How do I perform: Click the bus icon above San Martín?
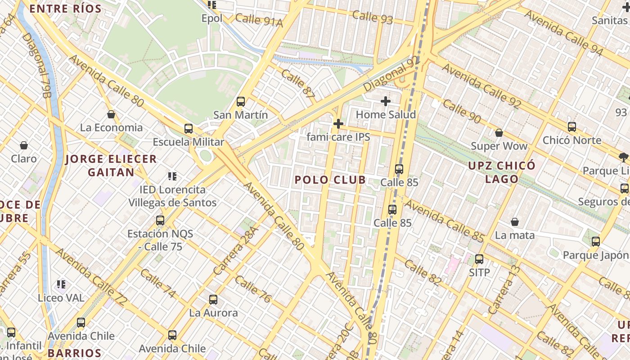click(x=241, y=102)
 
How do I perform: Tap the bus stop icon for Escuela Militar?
click(x=189, y=129)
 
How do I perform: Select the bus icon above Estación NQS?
click(x=160, y=220)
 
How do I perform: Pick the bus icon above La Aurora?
click(x=213, y=300)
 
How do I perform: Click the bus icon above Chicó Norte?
click(x=572, y=127)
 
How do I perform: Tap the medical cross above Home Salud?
click(x=386, y=102)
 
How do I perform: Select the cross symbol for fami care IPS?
click(x=338, y=124)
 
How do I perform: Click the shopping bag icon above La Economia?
click(x=111, y=114)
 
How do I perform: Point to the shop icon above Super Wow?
click(x=499, y=133)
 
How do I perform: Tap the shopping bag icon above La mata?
click(x=515, y=222)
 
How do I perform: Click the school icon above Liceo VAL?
click(x=61, y=284)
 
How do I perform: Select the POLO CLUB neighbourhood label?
click(x=330, y=180)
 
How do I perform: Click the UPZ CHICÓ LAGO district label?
click(x=502, y=172)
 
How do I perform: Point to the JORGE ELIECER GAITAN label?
click(x=111, y=165)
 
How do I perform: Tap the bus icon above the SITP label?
click(x=479, y=259)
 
